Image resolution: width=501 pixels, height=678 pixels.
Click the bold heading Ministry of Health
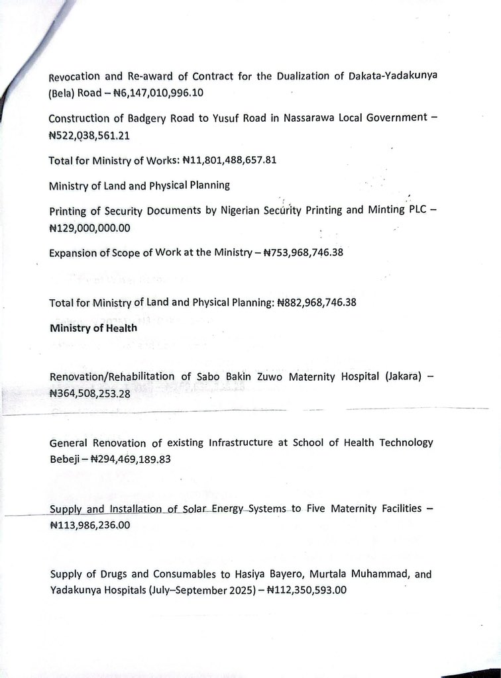tap(93, 328)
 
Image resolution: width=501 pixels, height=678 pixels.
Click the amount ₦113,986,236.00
tap(90, 525)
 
